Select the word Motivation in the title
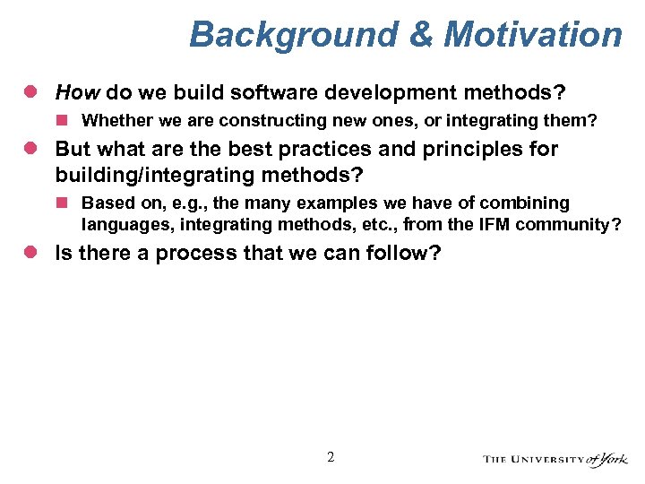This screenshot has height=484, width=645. pos(533,35)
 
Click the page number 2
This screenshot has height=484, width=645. pos(330,458)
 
